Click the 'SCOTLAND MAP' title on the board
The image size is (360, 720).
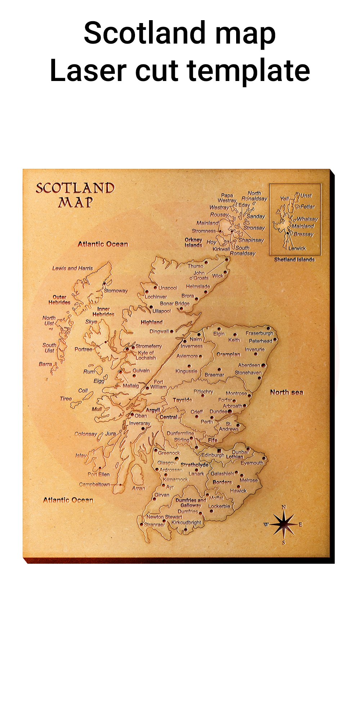point(75,195)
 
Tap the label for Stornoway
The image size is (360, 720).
point(116,291)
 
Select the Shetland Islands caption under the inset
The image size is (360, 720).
point(294,260)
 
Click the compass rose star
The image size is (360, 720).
point(284,525)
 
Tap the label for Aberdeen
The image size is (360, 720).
point(249,365)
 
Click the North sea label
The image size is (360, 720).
point(287,392)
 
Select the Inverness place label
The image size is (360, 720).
point(192,346)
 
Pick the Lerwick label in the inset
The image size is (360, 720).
point(297,248)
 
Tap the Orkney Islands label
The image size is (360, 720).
point(194,242)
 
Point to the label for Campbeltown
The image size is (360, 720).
point(95,485)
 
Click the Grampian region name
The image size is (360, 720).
point(228,355)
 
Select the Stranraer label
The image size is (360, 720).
point(154,525)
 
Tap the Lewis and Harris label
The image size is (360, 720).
point(72,268)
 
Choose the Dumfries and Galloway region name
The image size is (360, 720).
point(191,503)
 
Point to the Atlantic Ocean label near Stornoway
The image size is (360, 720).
point(103,244)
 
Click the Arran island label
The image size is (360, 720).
point(139,489)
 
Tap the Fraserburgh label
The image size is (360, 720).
point(260,333)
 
